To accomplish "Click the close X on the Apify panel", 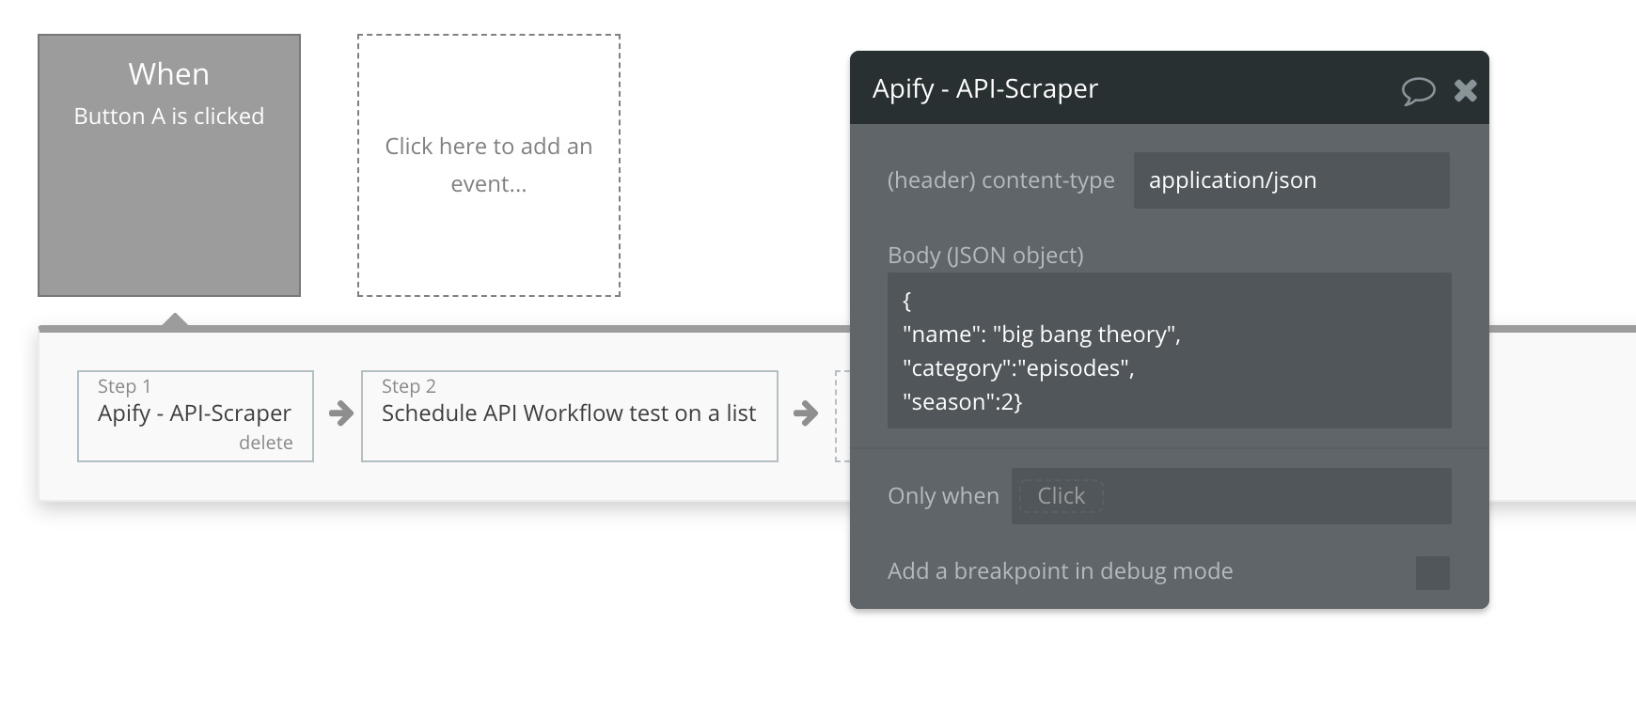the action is (x=1465, y=90).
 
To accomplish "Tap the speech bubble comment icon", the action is (x=1418, y=90).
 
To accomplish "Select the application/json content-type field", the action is (x=1291, y=180).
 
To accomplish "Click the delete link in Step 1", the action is (x=266, y=443).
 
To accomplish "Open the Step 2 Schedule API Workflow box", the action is (x=570, y=416).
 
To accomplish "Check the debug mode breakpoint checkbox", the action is (x=1433, y=572).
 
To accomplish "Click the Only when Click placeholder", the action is (x=1061, y=496).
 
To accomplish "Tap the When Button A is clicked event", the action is (x=169, y=165).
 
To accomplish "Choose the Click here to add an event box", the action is (x=489, y=165).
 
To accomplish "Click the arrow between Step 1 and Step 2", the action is (x=340, y=413).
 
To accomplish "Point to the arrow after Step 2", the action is (x=805, y=413).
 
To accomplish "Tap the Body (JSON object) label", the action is (x=985, y=256).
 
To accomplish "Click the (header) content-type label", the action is (x=1001, y=180).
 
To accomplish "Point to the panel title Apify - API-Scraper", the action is (x=985, y=88).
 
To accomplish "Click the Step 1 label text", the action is (x=124, y=386).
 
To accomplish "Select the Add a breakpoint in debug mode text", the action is (x=1061, y=571).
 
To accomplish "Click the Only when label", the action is (x=943, y=496).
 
